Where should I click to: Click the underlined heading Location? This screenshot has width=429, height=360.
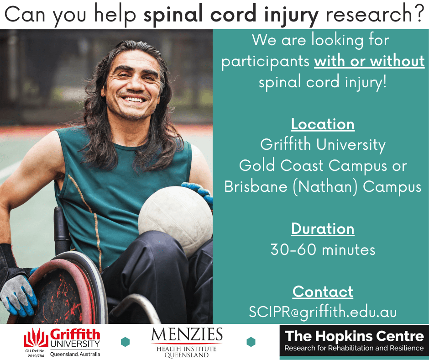(x=323, y=124)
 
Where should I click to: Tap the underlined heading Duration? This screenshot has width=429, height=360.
(x=323, y=229)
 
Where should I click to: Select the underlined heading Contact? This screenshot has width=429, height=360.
(x=323, y=292)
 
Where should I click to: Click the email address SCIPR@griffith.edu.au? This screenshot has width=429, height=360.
(x=323, y=312)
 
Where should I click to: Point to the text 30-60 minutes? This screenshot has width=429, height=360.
(x=323, y=249)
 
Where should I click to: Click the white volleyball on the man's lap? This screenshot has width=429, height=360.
(x=175, y=219)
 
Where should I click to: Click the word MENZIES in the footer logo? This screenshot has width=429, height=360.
(x=187, y=334)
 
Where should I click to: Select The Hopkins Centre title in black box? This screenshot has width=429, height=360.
(x=354, y=336)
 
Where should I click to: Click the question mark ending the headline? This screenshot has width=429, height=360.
(x=419, y=13)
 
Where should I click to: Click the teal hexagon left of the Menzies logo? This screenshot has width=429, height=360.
(x=125, y=342)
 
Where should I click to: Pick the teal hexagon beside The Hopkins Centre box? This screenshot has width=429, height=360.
(x=251, y=342)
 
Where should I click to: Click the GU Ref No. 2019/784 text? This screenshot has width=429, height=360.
(x=36, y=354)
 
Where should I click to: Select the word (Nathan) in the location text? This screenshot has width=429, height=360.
(x=325, y=187)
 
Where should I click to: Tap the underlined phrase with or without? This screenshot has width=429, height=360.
(x=369, y=61)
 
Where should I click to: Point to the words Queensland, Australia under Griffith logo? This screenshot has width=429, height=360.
(x=75, y=354)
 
